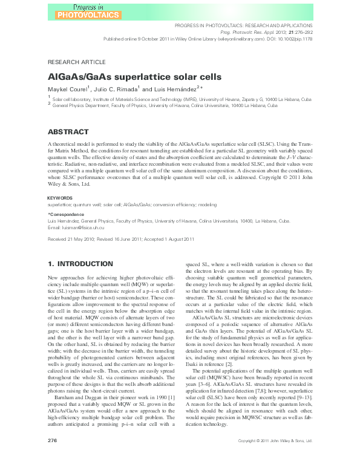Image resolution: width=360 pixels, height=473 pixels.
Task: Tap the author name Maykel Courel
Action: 67,90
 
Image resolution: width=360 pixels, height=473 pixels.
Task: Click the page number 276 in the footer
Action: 52,458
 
